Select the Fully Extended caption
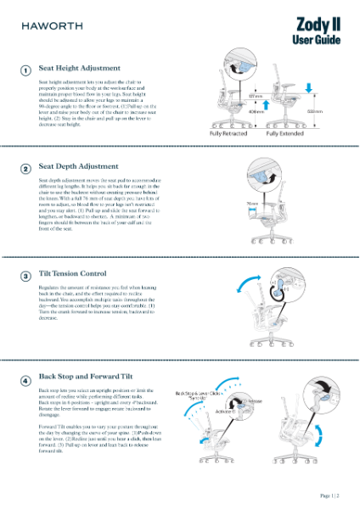coord(285,134)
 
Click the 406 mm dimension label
coord(256,110)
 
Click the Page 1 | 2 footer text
coord(329,495)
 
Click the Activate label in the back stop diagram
coord(225,411)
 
